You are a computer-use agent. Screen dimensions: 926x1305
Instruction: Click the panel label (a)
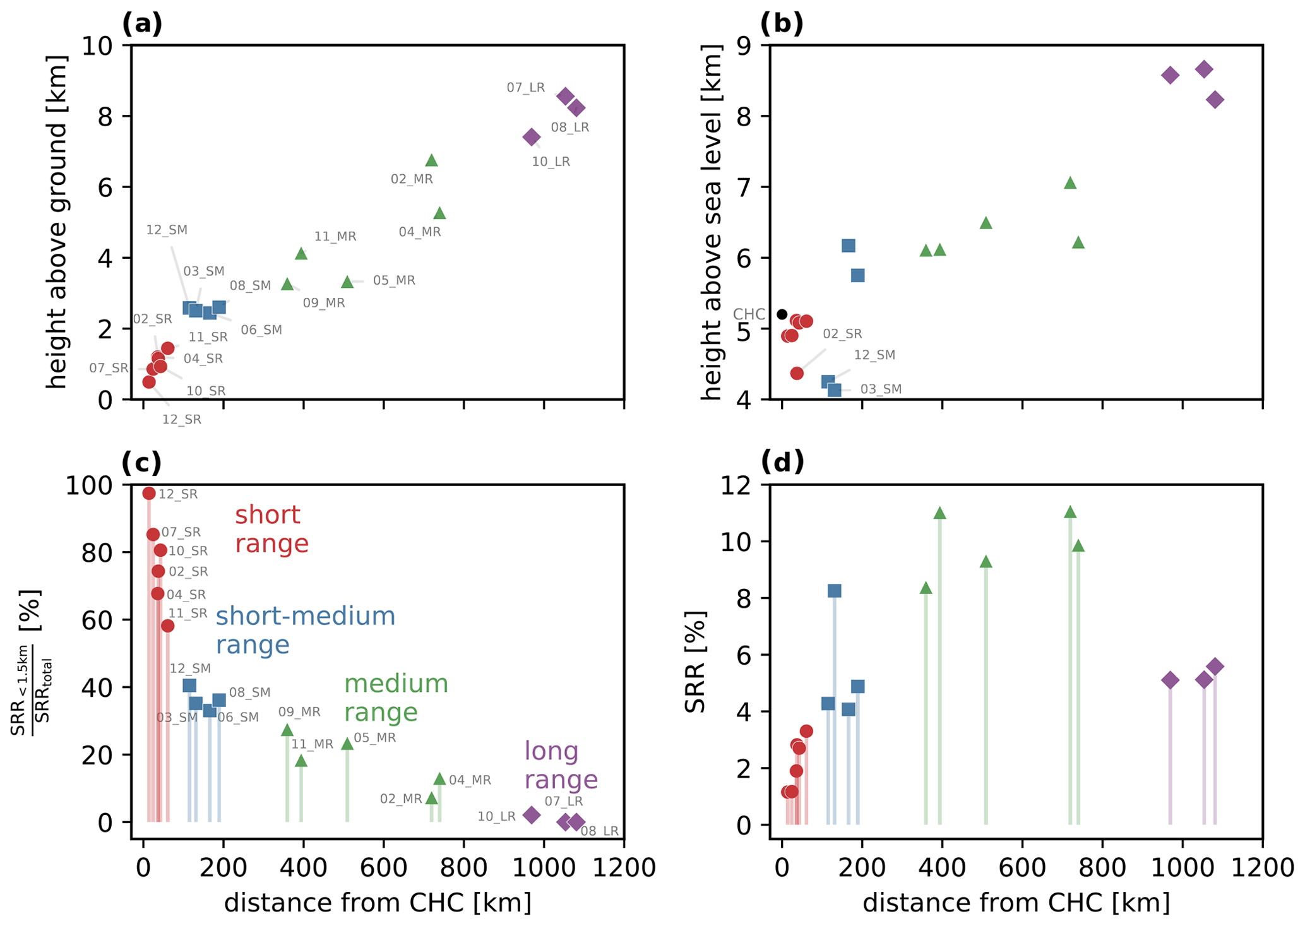point(142,24)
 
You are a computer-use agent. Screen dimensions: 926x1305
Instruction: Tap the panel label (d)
point(782,463)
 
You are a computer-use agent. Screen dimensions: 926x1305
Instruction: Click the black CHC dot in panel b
point(782,314)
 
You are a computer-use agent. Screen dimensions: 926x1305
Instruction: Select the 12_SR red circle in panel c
point(149,494)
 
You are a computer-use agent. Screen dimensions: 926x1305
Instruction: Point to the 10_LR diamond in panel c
point(532,815)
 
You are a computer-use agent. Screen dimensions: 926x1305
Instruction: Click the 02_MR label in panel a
point(412,179)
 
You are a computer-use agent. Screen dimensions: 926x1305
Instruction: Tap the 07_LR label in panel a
point(525,88)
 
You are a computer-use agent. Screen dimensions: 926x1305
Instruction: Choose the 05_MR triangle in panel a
point(347,282)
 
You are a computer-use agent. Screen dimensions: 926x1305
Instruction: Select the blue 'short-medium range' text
point(305,630)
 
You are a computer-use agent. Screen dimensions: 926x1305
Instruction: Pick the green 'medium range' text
point(396,697)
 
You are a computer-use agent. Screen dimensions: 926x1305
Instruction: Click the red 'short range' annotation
point(271,529)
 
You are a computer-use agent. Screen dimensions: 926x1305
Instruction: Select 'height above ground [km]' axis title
point(57,222)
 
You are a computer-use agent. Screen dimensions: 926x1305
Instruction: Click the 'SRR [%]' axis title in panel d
point(696,662)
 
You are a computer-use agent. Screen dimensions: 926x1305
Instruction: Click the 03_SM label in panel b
point(881,389)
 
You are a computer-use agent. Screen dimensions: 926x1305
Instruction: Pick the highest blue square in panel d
point(835,591)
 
